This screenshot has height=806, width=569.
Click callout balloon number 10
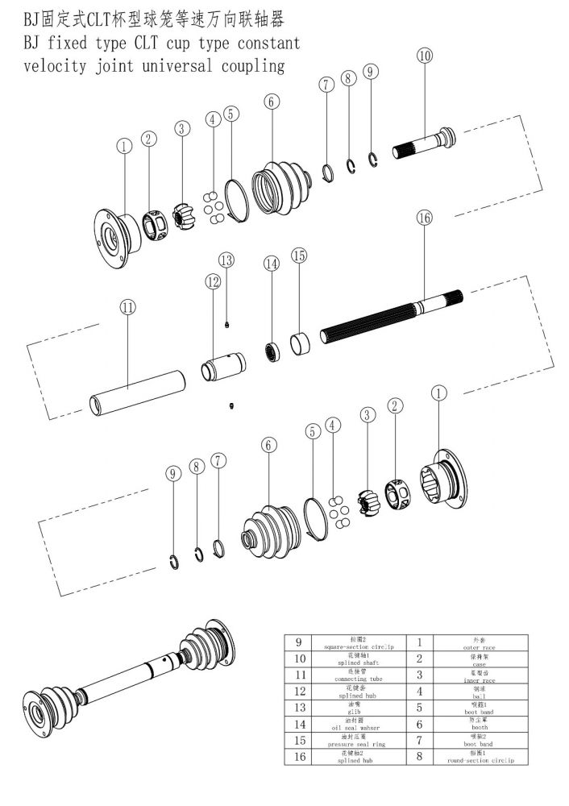coord(424,56)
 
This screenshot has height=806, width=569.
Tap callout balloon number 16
coord(425,218)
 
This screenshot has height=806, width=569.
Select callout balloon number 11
coord(128,306)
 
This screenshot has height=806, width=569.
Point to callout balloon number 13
coord(226,260)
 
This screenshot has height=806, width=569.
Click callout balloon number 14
coord(272,264)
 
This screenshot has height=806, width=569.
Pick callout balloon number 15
coord(299,256)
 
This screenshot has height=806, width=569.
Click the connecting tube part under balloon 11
coord(136,393)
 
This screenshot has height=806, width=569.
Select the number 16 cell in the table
coord(298,756)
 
